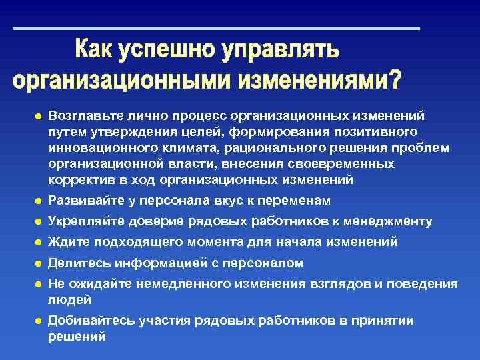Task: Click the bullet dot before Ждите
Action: click(39, 243)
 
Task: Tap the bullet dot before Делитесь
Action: click(39, 263)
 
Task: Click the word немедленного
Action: click(181, 284)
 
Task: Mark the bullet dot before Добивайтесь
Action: click(39, 321)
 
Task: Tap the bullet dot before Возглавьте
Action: click(39, 117)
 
